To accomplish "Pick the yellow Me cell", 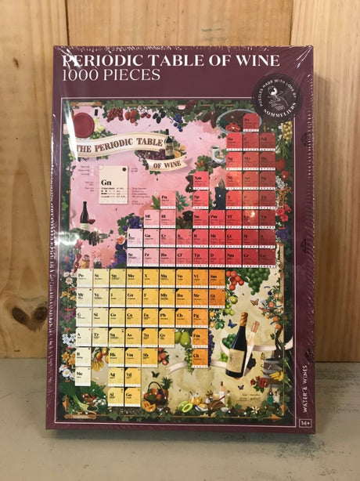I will coord(82,375).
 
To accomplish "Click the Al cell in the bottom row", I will coord(117,395).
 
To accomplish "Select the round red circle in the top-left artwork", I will coord(84,123).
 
